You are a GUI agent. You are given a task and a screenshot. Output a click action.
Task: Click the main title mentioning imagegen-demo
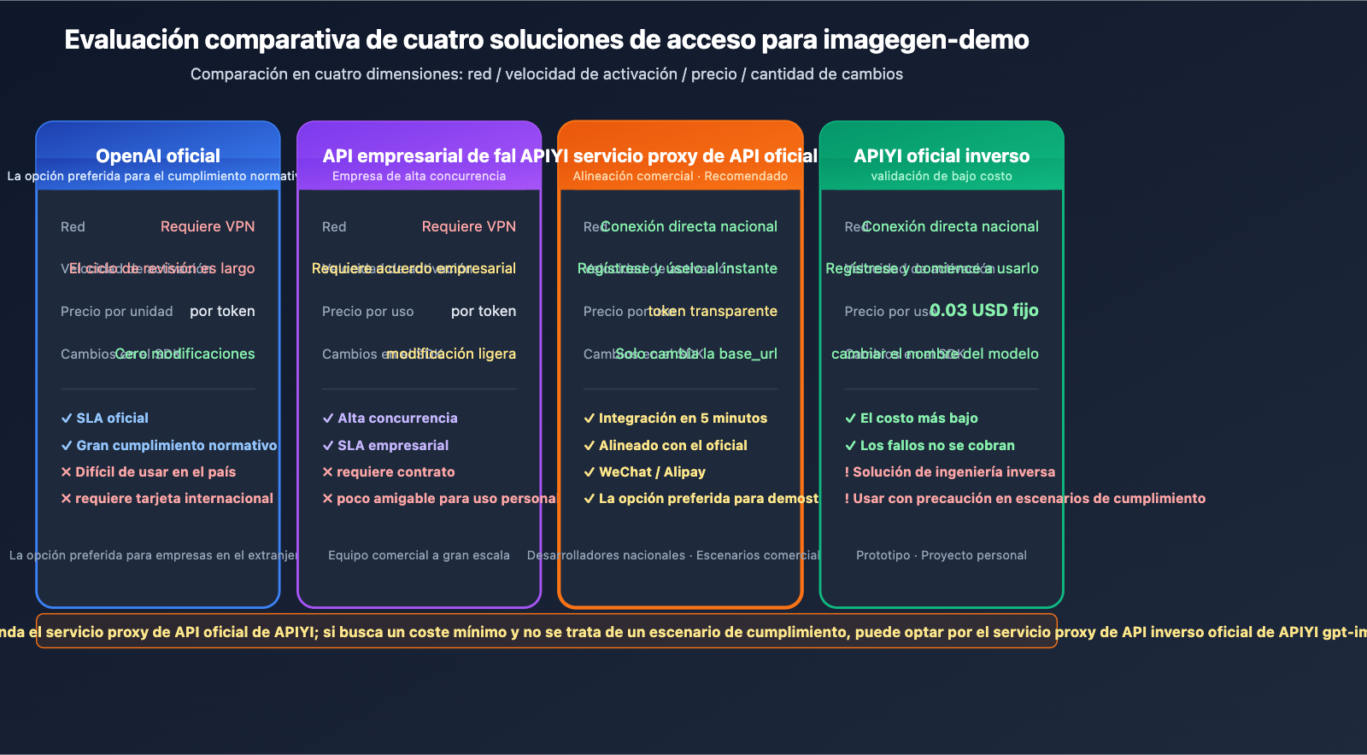pos(547,40)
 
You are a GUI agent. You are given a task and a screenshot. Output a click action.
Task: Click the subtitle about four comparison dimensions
pos(547,74)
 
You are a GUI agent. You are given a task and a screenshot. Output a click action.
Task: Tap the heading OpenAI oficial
pos(158,155)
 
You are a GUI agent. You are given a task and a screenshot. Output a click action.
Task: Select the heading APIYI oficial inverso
pos(942,155)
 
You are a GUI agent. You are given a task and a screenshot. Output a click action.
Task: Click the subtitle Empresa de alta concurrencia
pos(419,176)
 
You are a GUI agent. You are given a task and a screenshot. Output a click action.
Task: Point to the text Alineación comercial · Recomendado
pos(680,176)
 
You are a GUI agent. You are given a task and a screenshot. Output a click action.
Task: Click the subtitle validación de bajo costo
pos(942,176)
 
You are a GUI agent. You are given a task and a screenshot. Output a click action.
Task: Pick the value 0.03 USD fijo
pos(984,310)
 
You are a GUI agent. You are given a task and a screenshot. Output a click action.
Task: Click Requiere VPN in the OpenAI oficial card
pos(208,226)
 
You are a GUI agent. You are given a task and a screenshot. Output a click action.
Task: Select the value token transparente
pos(713,311)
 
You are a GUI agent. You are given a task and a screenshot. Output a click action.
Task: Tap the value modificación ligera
pos(451,354)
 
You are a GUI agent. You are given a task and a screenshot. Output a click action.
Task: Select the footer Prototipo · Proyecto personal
pos(942,555)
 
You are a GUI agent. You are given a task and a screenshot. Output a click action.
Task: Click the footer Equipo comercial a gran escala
pos(419,555)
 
